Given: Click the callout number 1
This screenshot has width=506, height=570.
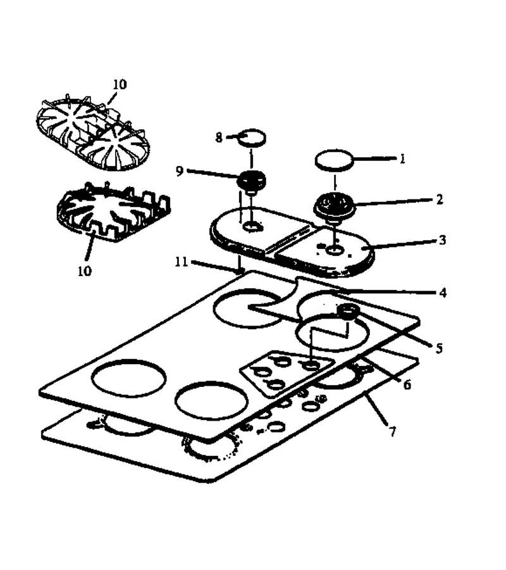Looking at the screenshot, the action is (402, 159).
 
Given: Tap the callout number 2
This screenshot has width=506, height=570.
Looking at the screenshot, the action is (440, 199).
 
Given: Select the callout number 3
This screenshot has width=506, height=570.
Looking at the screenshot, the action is (442, 240).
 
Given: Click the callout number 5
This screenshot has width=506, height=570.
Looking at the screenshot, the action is (439, 348).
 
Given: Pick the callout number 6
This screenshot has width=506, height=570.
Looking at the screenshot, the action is (407, 384).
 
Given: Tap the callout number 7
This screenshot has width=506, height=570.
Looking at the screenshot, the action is (392, 431).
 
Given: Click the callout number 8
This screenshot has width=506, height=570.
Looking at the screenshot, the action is (218, 137).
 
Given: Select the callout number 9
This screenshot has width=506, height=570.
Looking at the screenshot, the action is (180, 171).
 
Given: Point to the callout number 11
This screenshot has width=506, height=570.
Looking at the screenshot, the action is (181, 262).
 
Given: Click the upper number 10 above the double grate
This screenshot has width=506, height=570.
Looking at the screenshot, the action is (120, 84).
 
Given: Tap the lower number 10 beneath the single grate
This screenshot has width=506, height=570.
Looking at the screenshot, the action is (84, 271).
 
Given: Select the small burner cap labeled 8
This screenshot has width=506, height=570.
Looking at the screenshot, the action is (251, 137).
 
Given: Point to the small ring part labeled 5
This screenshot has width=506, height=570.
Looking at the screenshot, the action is (349, 312).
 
